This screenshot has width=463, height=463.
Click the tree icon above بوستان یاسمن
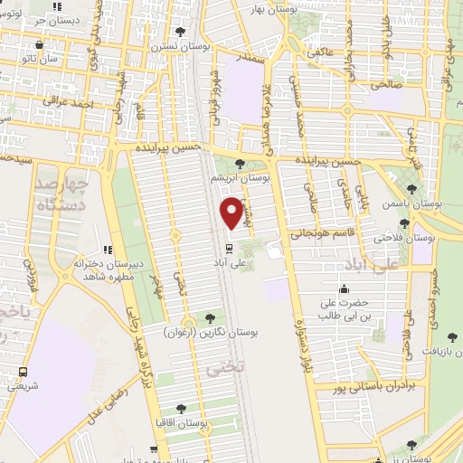click(x=411, y=189)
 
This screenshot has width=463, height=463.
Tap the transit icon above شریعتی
click(x=23, y=371)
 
